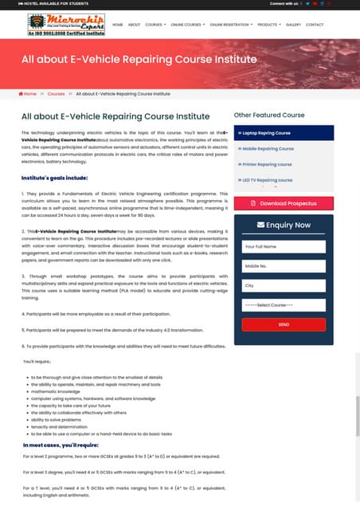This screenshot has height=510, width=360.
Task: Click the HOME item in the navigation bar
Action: (118, 25)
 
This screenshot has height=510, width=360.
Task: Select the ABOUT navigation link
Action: (134, 25)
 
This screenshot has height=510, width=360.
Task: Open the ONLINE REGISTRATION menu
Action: (230, 25)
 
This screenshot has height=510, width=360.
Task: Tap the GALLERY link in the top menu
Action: (293, 25)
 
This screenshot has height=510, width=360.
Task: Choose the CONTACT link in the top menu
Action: (315, 25)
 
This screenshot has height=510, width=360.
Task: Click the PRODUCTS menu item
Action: (268, 25)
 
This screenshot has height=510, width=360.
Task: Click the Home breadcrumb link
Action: (30, 93)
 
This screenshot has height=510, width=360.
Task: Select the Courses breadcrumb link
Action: (56, 93)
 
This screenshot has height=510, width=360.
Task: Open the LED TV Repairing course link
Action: (270, 180)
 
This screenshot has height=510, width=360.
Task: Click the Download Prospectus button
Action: (283, 203)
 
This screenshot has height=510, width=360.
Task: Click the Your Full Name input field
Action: (283, 247)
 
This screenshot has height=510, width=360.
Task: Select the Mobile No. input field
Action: (283, 266)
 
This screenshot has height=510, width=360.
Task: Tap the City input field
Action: (283, 285)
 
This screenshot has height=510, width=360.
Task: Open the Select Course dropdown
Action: (283, 305)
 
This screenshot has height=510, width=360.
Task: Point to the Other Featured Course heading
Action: (269, 115)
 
